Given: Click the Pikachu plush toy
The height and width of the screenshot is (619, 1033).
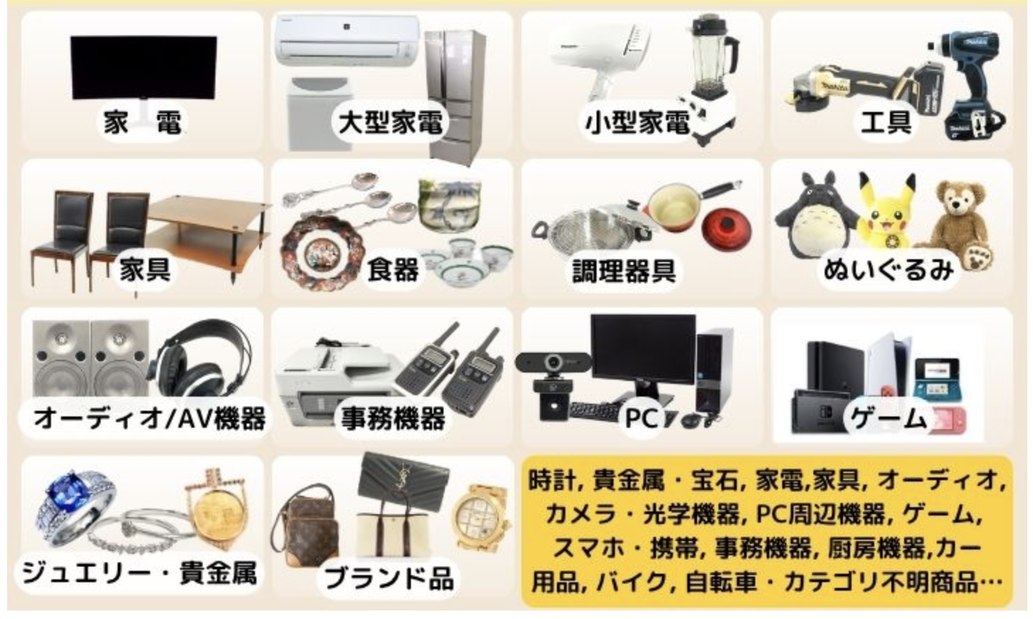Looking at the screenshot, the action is coord(886,212).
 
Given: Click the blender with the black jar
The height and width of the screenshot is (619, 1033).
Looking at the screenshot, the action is coord(710,79).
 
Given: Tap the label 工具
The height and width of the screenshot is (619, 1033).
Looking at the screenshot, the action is coord(886,122).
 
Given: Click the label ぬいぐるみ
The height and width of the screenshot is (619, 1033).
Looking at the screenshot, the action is coord(888,271).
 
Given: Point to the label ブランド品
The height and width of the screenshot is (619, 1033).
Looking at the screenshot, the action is coord(389,579).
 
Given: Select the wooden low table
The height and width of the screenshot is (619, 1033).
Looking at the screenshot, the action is coord(208,230).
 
